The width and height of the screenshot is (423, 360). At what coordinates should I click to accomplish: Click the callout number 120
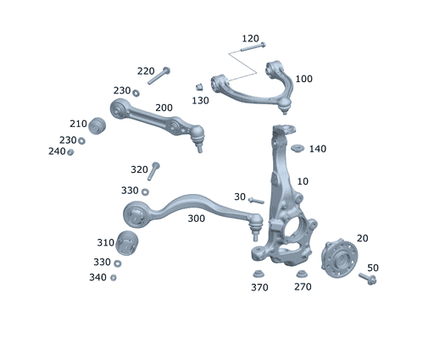click(x=250, y=39)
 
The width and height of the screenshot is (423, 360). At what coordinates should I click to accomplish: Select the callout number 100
click(x=303, y=79)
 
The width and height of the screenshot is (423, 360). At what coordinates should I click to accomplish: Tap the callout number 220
click(x=146, y=71)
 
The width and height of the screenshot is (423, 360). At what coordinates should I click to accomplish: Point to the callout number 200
click(x=164, y=108)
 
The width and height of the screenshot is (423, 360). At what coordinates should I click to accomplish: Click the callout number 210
click(x=78, y=124)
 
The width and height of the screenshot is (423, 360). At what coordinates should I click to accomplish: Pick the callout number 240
click(x=56, y=152)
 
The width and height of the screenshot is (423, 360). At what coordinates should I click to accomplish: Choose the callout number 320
click(x=139, y=169)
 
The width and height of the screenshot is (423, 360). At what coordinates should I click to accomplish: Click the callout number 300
click(x=196, y=219)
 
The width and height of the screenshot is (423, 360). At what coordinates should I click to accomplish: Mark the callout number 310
click(x=105, y=242)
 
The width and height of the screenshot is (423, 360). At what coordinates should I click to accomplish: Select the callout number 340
click(x=98, y=278)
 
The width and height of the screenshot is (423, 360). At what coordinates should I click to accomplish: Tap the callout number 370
click(x=259, y=287)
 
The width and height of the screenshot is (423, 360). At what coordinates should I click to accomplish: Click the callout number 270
click(x=303, y=287)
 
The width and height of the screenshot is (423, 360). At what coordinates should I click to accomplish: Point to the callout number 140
click(x=317, y=149)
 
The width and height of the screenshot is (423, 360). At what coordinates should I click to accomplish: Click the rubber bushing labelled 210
click(x=96, y=125)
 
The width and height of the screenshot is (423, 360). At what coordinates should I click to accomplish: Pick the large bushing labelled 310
click(x=126, y=243)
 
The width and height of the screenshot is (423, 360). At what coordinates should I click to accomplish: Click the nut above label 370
click(x=258, y=273)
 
